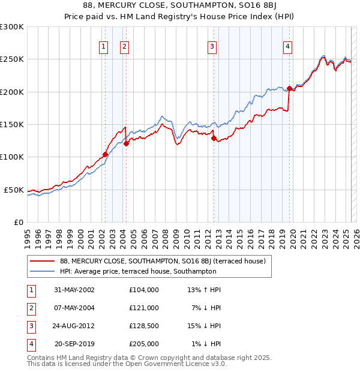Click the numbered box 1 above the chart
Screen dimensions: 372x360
click(104, 47)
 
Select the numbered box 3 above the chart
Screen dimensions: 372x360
click(212, 47)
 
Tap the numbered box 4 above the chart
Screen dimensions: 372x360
click(288, 47)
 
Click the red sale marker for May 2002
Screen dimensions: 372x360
click(106, 154)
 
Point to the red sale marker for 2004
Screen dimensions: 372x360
click(126, 143)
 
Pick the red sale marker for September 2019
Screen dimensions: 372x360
click(289, 89)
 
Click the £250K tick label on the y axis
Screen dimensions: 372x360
click(13, 59)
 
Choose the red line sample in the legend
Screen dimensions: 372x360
click(43, 261)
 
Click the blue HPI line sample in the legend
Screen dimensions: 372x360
click(43, 271)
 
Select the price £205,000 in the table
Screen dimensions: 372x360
click(144, 344)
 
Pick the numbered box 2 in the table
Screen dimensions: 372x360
click(31, 308)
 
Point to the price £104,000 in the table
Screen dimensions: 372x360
click(144, 290)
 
